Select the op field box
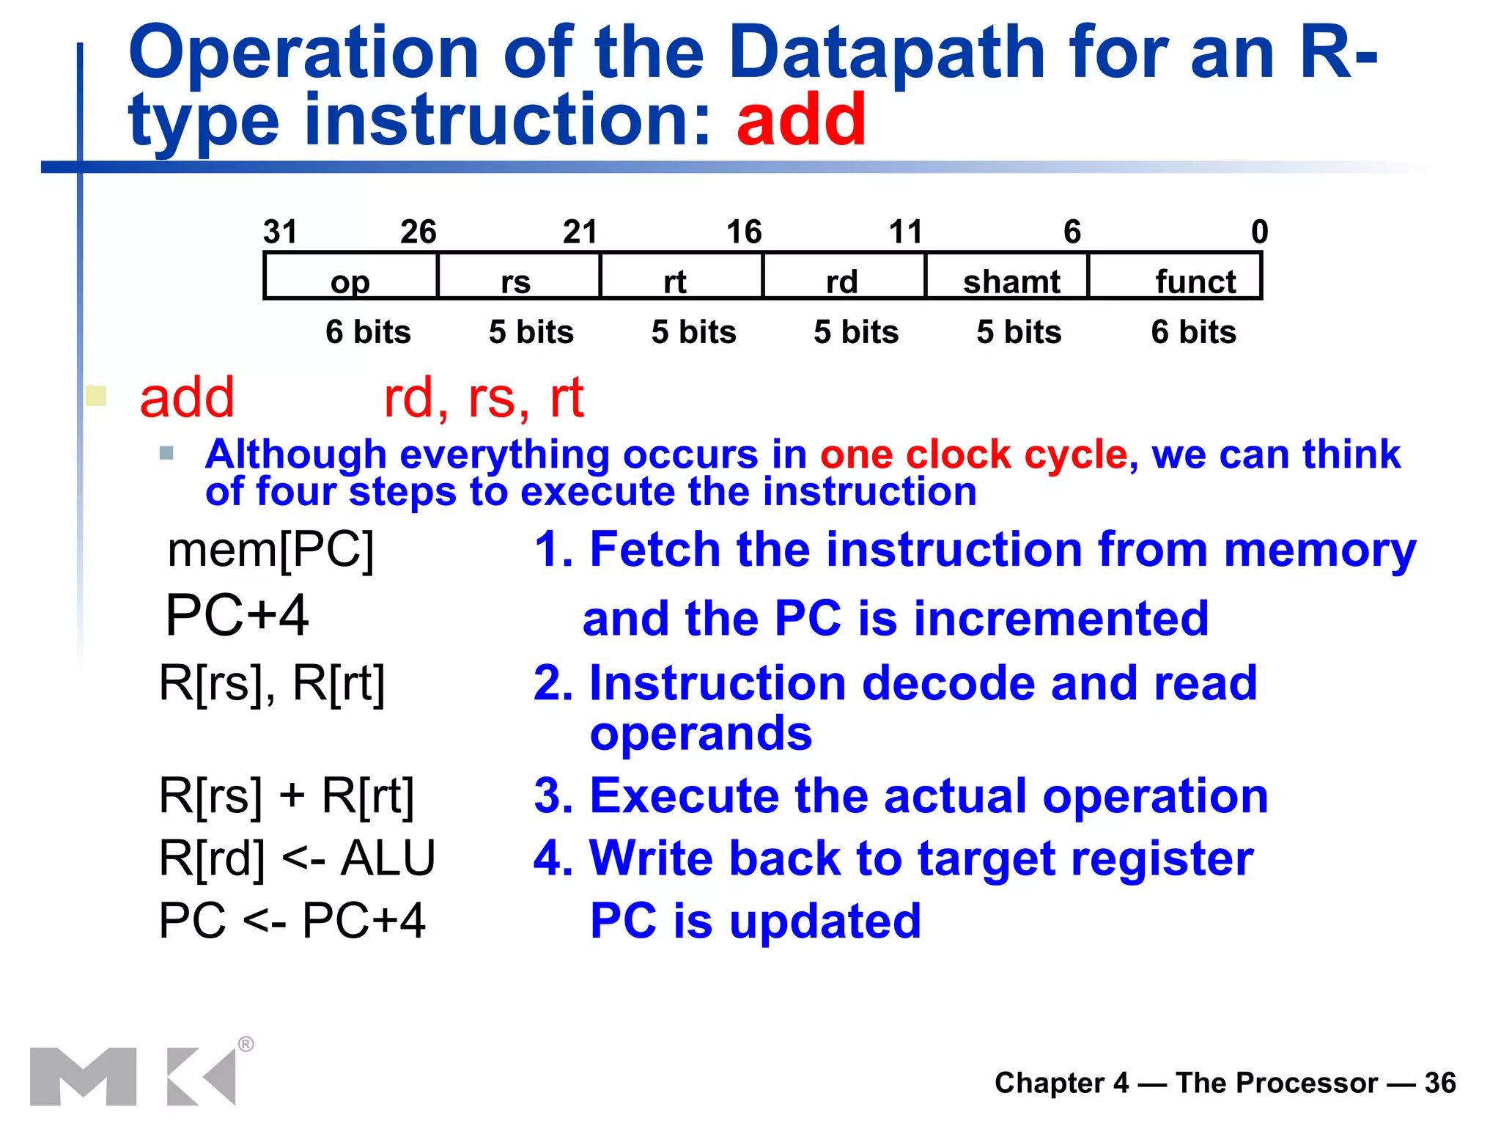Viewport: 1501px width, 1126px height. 350,276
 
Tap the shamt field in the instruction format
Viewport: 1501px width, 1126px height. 1010,276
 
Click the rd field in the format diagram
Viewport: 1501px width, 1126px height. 843,276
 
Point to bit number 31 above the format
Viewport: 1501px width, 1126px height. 280,232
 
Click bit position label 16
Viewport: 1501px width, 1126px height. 744,232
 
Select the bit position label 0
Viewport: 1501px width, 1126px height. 1259,232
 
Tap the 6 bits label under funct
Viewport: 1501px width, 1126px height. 1193,332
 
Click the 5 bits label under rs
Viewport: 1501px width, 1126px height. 531,332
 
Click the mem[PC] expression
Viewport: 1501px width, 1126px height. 270,550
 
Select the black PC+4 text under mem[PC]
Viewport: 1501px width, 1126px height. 237,615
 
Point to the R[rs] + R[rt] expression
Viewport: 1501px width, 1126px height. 286,796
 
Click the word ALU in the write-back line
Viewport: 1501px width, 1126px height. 388,858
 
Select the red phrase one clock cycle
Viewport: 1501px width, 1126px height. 973,455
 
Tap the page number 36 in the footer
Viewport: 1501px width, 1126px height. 1439,1083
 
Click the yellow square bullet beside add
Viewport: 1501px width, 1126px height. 96,396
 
